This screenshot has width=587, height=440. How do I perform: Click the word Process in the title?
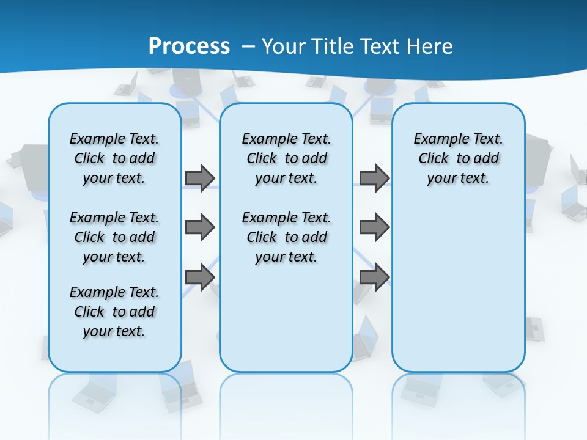click(x=189, y=46)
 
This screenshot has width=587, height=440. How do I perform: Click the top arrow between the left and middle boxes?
click(x=199, y=178)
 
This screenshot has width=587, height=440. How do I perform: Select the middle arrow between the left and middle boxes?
click(x=199, y=227)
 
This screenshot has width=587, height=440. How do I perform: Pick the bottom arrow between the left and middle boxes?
click(x=199, y=277)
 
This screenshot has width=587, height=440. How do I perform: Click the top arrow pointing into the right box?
click(x=374, y=178)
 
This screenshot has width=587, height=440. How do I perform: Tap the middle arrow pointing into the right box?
click(x=374, y=227)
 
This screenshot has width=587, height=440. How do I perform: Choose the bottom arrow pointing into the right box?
click(x=374, y=277)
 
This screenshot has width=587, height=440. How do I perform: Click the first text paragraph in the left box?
click(x=114, y=158)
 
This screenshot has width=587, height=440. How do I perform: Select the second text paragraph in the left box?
click(x=114, y=237)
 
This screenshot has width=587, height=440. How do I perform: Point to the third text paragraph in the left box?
click(x=114, y=312)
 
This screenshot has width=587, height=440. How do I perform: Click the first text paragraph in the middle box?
click(x=286, y=158)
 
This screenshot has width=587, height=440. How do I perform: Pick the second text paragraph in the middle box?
click(x=286, y=237)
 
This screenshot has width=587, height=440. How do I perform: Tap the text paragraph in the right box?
click(x=458, y=158)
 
